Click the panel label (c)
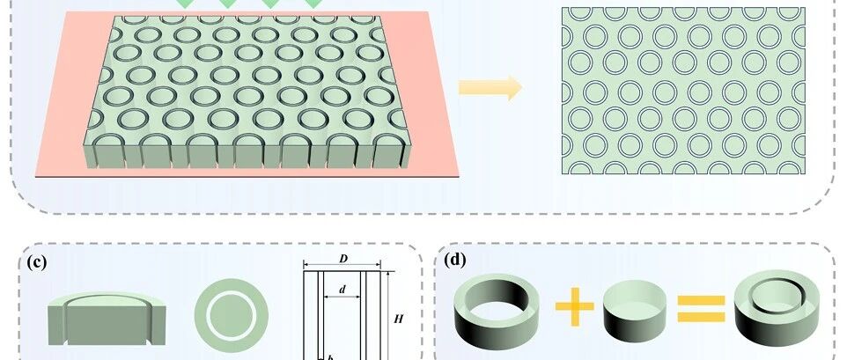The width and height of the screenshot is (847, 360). pyautogui.click(x=36, y=261)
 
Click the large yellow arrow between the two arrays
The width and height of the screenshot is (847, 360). pyautogui.click(x=490, y=88)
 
